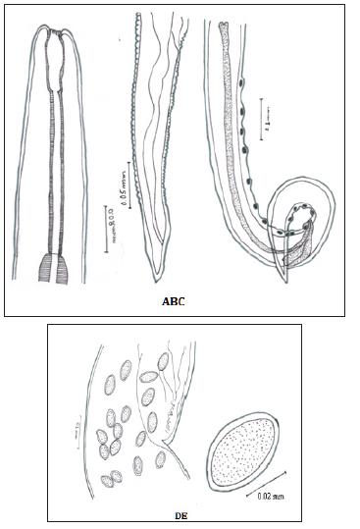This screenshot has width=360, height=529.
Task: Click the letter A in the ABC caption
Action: (x=167, y=303)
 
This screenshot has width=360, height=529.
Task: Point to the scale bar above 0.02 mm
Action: (x=258, y=487)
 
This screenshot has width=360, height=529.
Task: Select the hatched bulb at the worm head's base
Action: (x=54, y=267)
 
